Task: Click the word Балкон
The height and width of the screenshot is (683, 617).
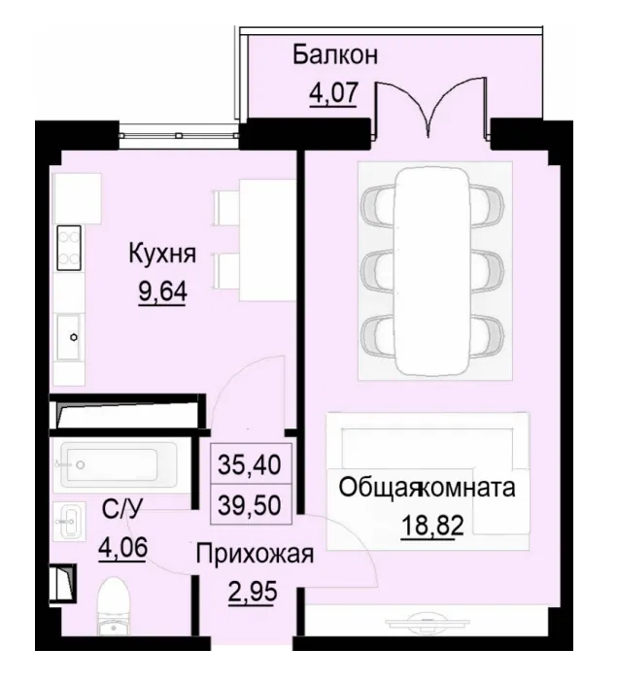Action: (x=335, y=53)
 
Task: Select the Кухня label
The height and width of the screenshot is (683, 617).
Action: (x=163, y=255)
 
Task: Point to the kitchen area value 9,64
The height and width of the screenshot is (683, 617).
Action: (x=163, y=292)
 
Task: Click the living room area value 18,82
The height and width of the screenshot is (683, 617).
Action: (x=428, y=527)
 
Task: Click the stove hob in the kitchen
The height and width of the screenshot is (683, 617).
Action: (x=69, y=248)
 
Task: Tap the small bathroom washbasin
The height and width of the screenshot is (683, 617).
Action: (x=70, y=522)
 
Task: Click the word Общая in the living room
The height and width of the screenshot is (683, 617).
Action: (x=378, y=488)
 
